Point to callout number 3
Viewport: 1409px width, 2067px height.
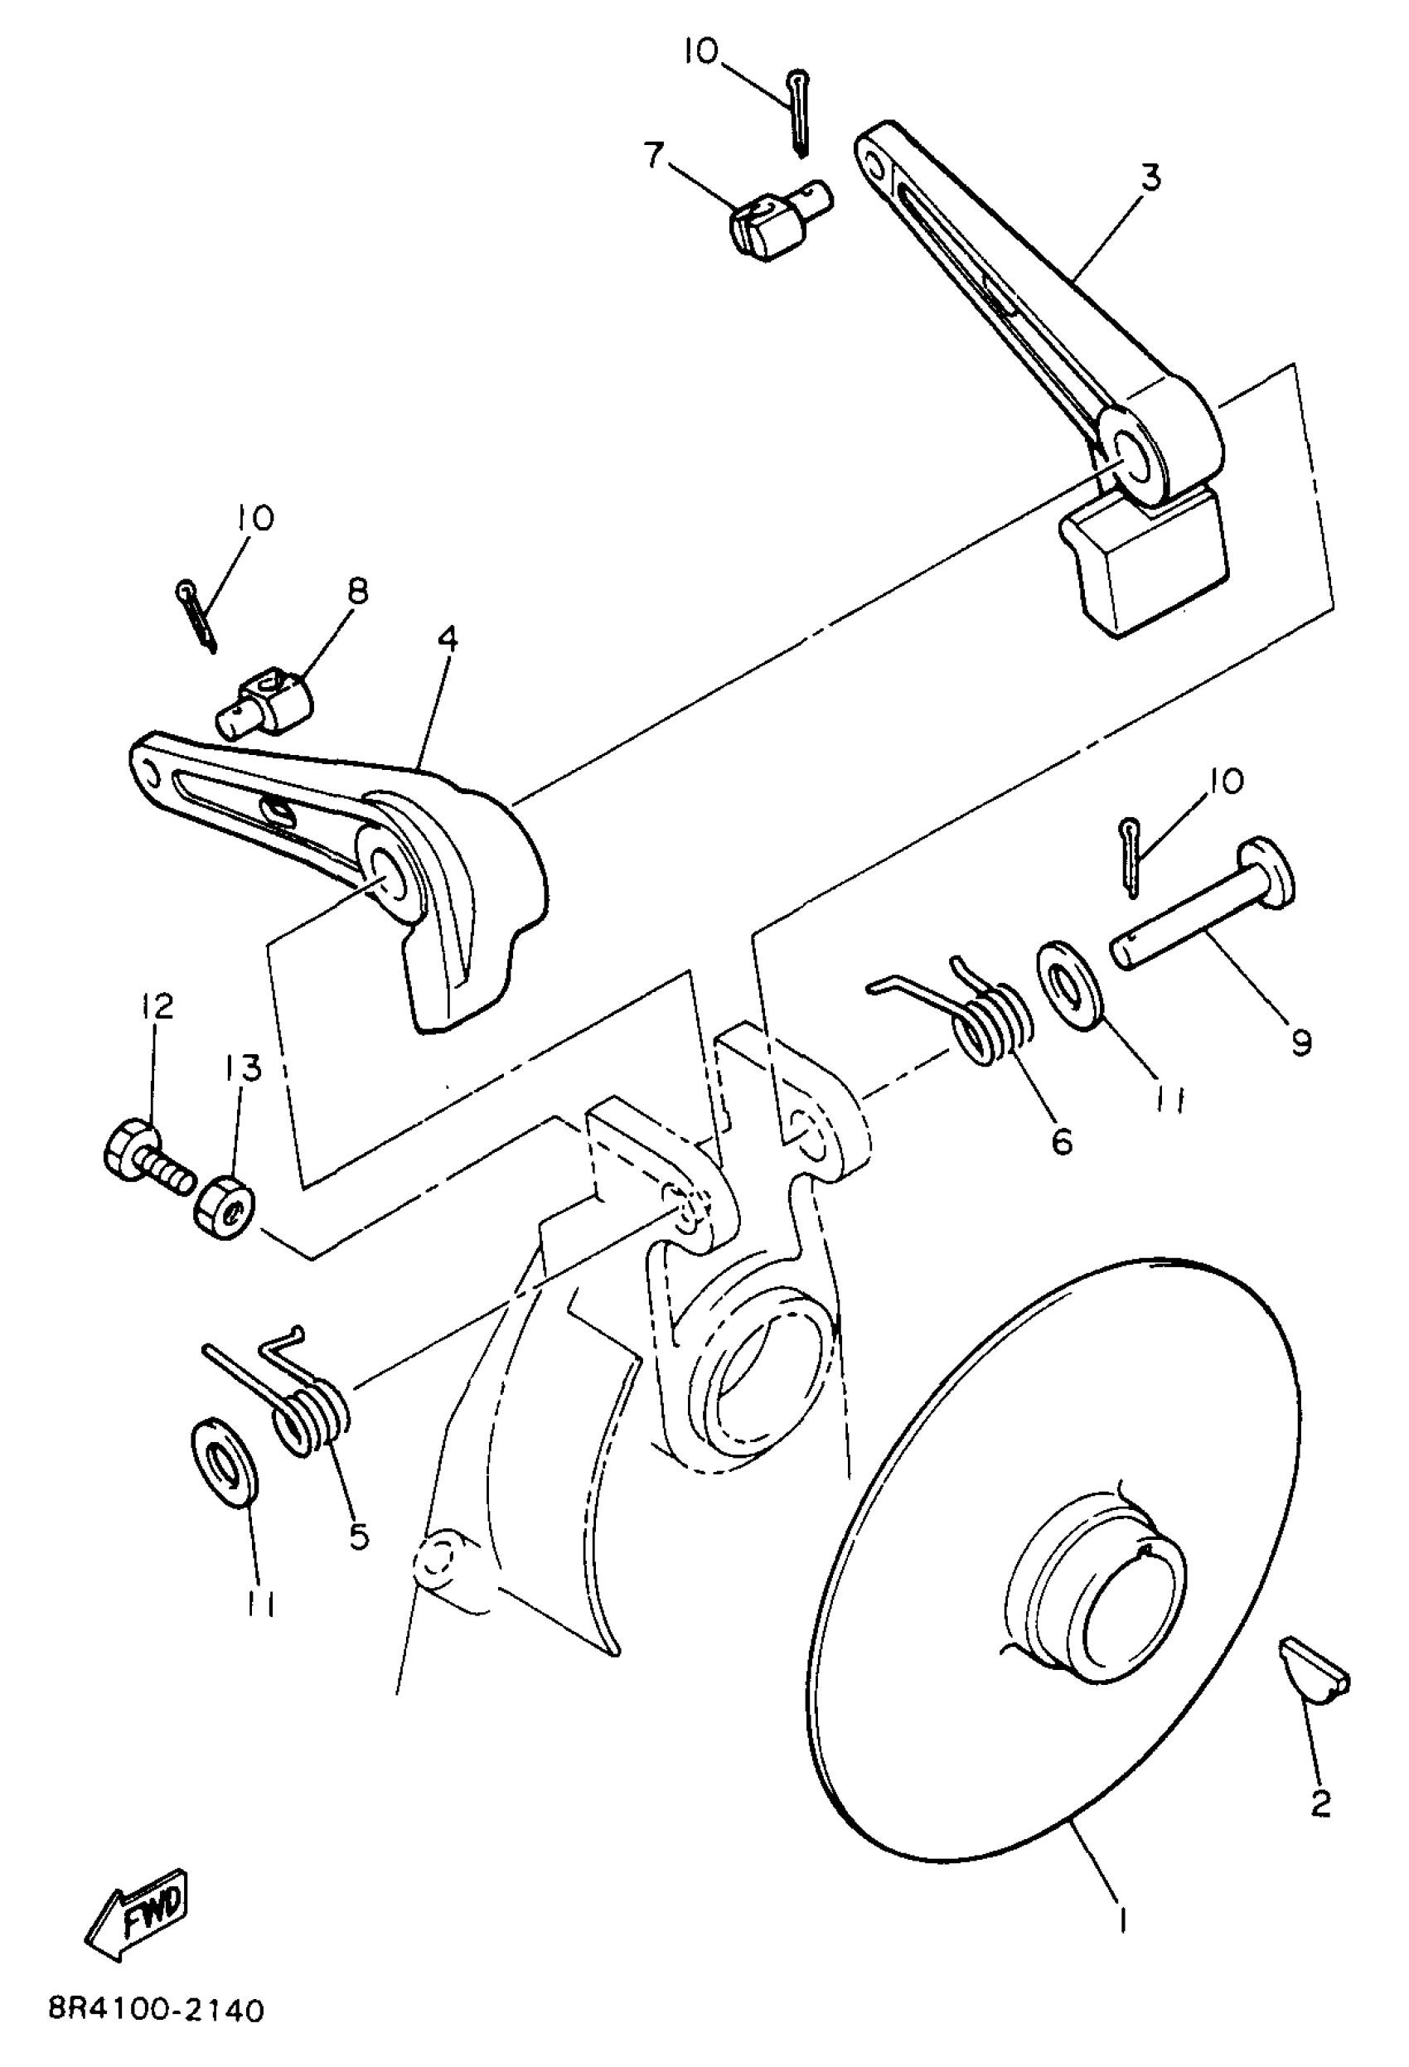pyautogui.click(x=1150, y=177)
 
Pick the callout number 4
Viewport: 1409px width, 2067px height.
pyautogui.click(x=448, y=640)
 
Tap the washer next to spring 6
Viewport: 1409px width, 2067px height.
pyautogui.click(x=1070, y=986)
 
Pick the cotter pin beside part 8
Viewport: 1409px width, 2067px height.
pyautogui.click(x=197, y=612)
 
